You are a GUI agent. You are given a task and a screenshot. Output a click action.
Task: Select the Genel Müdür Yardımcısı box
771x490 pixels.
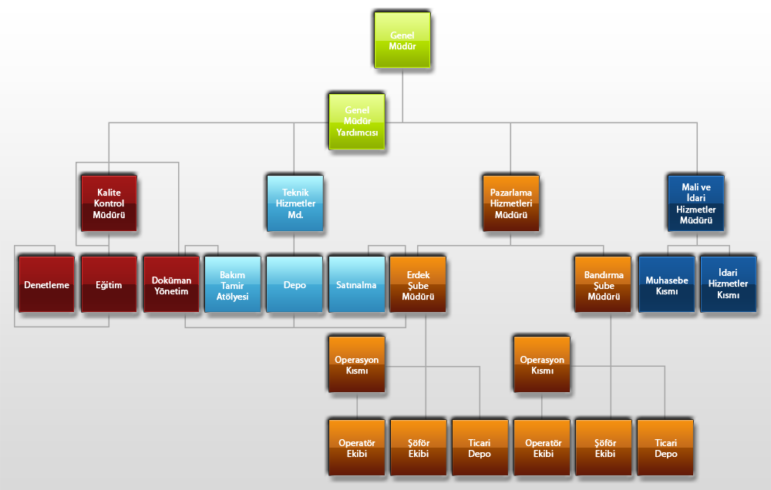coord(357,121)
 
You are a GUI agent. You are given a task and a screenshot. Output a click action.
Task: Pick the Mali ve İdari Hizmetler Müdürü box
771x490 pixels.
coord(696,203)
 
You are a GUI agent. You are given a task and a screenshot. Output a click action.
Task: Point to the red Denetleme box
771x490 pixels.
coord(46,284)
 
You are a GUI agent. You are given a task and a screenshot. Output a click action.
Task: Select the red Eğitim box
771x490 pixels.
coord(109,284)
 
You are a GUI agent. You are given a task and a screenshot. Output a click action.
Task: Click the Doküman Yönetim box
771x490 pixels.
coord(170,284)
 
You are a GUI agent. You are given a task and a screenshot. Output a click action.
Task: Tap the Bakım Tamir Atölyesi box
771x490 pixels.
coord(233,284)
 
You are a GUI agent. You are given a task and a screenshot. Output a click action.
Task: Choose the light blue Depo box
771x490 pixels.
coord(295,284)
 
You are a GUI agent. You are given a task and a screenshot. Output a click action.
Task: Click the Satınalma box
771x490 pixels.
coord(356,284)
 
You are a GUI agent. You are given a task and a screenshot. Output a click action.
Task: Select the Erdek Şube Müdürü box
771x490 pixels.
coord(418,284)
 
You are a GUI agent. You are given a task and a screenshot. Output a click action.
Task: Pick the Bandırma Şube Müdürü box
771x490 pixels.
coord(603,284)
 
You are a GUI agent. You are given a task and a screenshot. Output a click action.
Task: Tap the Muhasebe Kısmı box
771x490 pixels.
coord(667,284)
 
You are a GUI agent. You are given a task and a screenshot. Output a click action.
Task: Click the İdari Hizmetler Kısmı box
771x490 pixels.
coord(729,284)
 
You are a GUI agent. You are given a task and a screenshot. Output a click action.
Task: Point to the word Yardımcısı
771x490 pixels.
coord(357,133)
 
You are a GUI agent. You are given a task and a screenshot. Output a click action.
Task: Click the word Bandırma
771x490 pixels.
coord(603,274)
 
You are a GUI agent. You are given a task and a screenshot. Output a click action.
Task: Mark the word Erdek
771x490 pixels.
coord(418,274)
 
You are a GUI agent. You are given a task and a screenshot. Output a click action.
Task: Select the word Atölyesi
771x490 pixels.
coord(233,297)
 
